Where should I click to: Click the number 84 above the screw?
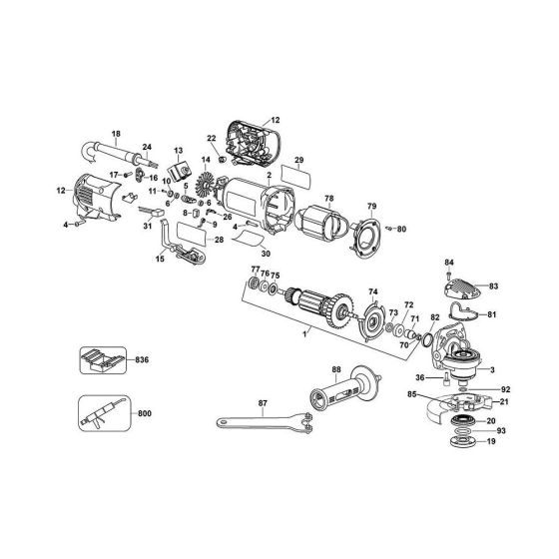(448, 263)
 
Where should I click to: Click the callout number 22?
(211, 139)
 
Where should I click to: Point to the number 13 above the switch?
(179, 149)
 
